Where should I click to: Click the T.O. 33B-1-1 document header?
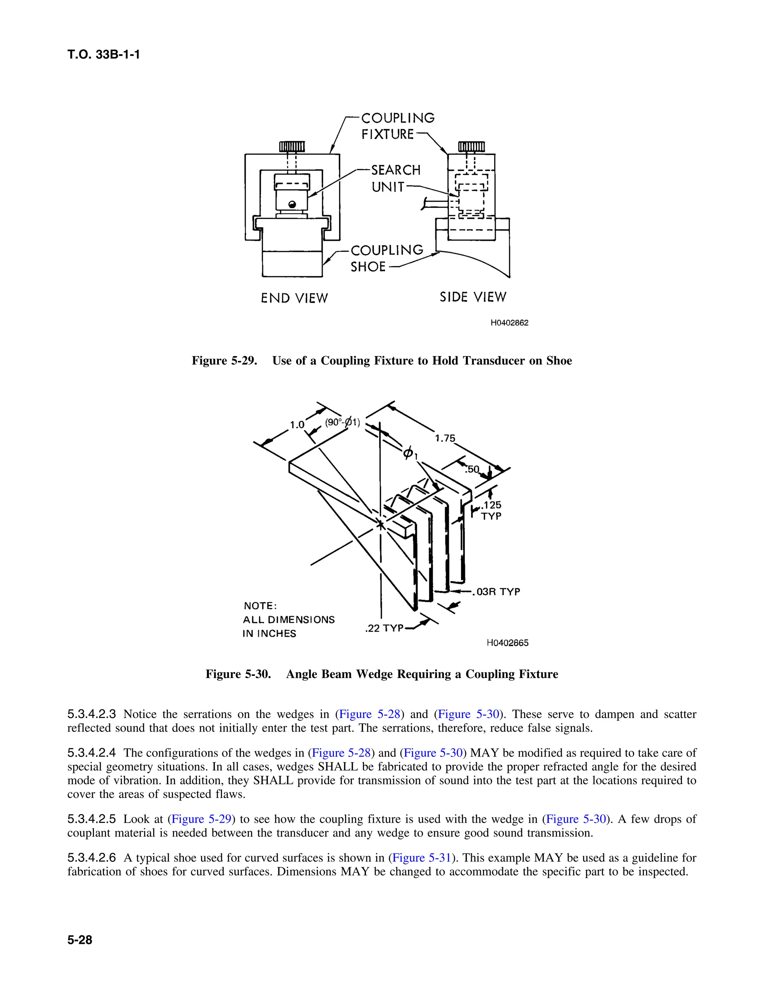point(103,55)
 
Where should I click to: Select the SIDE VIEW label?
point(473,297)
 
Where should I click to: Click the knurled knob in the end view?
point(291,147)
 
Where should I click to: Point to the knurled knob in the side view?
point(471,147)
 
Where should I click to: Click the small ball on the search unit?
point(292,205)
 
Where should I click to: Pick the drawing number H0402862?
point(509,323)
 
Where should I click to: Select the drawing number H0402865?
point(507,643)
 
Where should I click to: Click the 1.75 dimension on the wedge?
point(445,439)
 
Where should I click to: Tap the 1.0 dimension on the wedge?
point(297,425)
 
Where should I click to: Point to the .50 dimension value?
point(472,469)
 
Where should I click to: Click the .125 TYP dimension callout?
point(491,510)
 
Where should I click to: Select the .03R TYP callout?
point(497,592)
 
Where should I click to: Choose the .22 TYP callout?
point(384,628)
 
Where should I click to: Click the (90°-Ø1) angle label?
point(342,422)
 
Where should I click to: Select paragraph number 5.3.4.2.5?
point(91,819)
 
